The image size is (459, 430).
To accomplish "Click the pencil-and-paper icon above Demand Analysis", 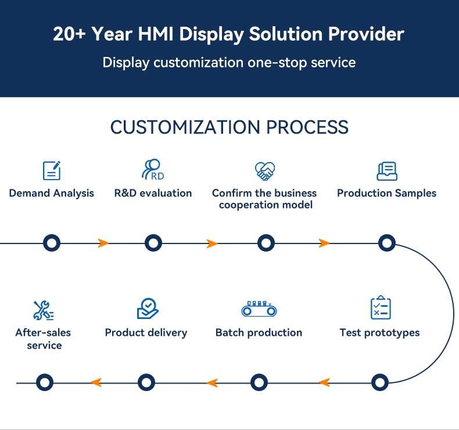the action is coord(52,170).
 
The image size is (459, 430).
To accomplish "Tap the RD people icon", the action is coord(152,169).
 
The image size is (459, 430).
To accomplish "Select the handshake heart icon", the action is coord(264,171).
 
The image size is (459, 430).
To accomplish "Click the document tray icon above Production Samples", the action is coord(387,171).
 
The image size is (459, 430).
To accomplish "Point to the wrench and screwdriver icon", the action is coord(44,310).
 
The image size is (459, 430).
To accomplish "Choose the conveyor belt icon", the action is coord(259,309).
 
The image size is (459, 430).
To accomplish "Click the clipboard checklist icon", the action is coord(381,307).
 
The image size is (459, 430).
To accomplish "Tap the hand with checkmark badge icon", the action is coord(148,309).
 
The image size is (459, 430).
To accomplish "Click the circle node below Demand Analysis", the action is coord(52,243).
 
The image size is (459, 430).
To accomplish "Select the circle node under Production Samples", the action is coord(387,243).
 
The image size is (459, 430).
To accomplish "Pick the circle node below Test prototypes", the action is coord(379,382).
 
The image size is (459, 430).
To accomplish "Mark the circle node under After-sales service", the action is coord(45,382).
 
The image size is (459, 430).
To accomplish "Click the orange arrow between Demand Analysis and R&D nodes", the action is coord(103,243).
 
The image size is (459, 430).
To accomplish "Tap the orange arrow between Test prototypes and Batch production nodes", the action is coord(324,382).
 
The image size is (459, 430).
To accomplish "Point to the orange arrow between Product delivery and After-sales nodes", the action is coord(96,382).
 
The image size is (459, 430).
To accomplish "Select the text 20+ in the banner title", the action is coord(69,34).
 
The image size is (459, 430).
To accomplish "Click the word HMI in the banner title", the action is coord(156,34).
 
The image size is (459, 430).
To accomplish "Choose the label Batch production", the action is coord(259,333).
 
